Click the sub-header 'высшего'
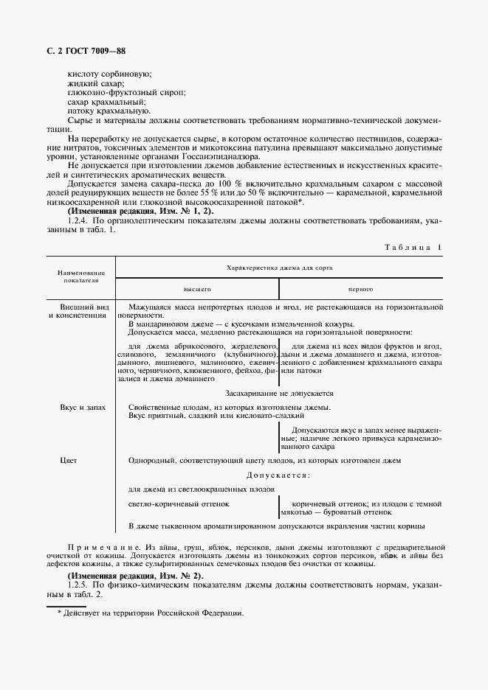[x=197, y=290]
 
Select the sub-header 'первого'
[x=360, y=290]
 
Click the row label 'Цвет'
[x=68, y=461]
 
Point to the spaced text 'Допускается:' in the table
[x=278, y=475]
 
